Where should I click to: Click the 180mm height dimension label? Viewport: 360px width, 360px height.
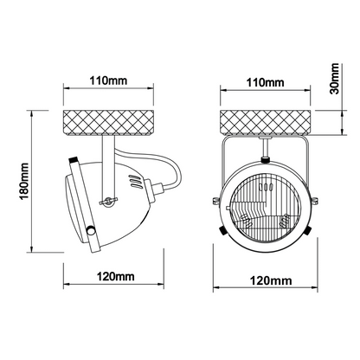(x=23, y=181)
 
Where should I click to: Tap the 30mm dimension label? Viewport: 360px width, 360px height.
(x=335, y=79)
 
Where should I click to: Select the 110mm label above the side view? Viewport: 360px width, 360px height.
(x=108, y=80)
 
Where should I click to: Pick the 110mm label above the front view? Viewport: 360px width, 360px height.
(x=265, y=82)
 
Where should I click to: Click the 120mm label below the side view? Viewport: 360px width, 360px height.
(x=115, y=277)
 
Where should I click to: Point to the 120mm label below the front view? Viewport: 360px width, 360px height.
(x=271, y=280)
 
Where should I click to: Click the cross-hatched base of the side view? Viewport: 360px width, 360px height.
(x=108, y=122)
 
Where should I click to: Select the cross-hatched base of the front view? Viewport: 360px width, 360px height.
(x=266, y=122)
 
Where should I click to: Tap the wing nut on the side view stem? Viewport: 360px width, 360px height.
(x=108, y=201)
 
